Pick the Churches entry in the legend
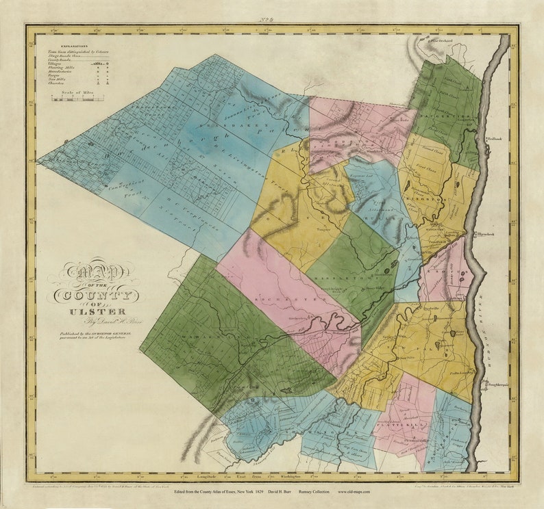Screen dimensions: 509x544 tap(58, 83)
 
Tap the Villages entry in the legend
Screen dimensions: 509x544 tap(55, 62)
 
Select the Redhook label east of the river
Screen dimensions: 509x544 tap(495, 139)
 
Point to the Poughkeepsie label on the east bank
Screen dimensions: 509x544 tap(499, 384)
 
